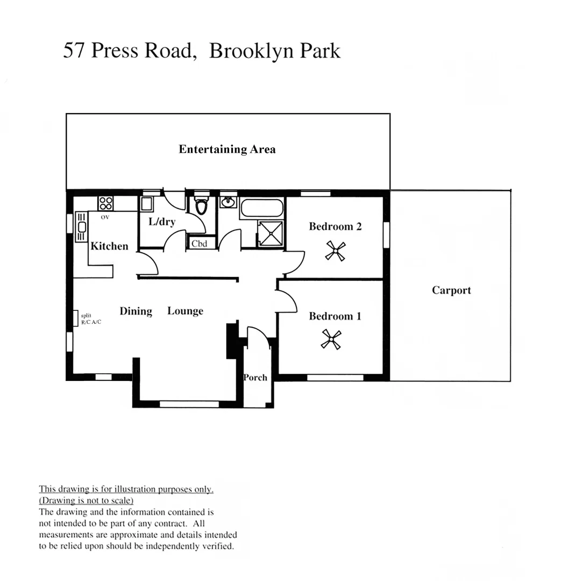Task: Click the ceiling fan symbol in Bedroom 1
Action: click(331, 339)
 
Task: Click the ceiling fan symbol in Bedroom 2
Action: click(335, 251)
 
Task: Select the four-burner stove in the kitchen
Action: click(105, 203)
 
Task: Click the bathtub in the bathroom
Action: click(261, 208)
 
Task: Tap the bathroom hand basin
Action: click(228, 202)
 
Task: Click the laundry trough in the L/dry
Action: click(146, 204)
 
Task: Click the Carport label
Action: click(451, 290)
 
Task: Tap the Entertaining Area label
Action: click(227, 150)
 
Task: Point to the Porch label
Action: click(255, 378)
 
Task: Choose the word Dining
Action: click(136, 311)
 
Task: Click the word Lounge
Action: click(185, 311)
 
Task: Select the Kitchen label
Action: click(109, 246)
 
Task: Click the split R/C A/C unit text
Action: click(90, 319)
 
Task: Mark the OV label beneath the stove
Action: click(105, 217)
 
